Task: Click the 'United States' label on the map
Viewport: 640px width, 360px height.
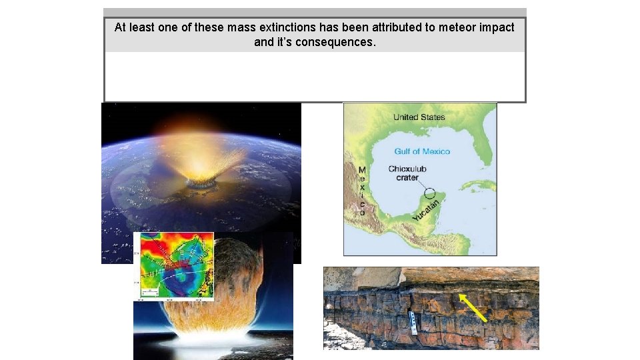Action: [x=419, y=117]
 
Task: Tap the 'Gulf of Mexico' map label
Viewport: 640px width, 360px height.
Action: [x=422, y=151]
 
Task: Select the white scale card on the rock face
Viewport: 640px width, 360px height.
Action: [x=413, y=322]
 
